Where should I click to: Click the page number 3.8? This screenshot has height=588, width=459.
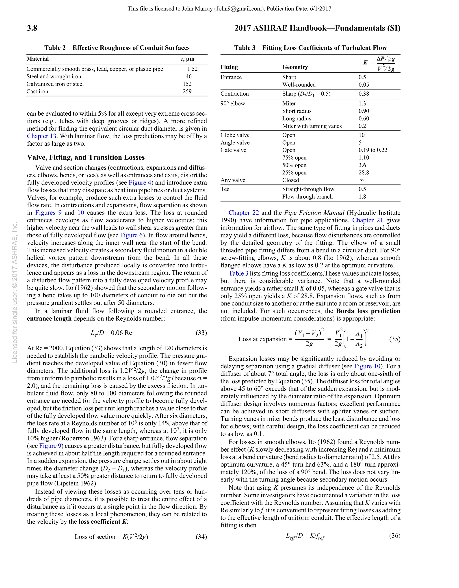32,28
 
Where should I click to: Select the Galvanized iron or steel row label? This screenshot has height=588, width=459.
55,84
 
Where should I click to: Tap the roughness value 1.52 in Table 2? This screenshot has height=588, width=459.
192,69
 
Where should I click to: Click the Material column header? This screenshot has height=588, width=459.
38,59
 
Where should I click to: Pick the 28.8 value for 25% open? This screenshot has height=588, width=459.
364,173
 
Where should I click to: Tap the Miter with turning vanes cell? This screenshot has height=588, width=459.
312,126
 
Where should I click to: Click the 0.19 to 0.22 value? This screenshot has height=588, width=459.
373,150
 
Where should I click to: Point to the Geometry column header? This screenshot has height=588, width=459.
295,67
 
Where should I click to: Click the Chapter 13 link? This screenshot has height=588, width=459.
41,136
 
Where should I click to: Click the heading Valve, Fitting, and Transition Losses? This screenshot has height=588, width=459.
86,158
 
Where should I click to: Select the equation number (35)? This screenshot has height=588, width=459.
395,339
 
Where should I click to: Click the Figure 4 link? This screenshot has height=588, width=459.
140,183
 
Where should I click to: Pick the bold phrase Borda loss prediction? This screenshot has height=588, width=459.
368,311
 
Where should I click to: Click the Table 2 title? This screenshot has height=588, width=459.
117,48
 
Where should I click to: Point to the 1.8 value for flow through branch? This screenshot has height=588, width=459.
362,197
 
